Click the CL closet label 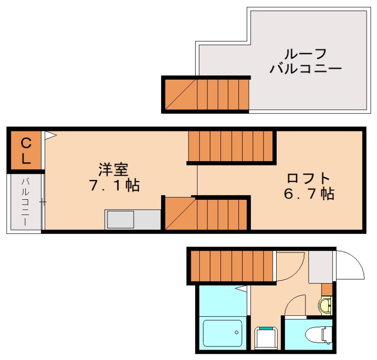26,150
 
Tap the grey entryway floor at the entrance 321,267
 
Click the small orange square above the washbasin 327,289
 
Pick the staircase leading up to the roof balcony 206,94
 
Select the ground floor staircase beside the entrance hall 232,266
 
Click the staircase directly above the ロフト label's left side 231,146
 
